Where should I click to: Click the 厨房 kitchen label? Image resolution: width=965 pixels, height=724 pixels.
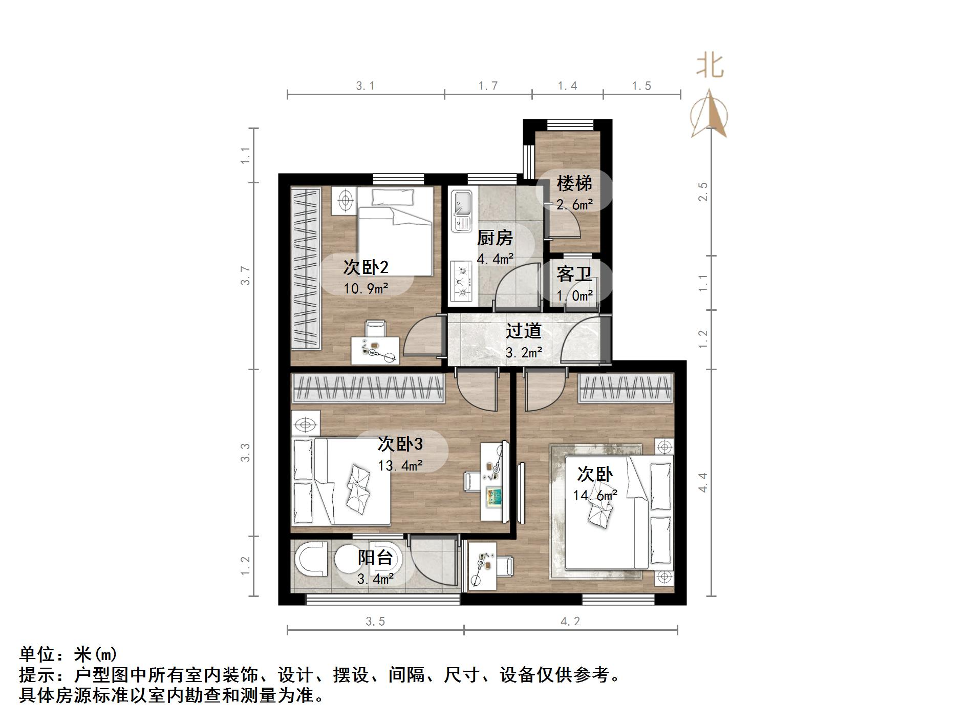coord(495,238)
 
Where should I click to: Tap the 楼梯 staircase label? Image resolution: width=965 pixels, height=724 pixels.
coord(574,183)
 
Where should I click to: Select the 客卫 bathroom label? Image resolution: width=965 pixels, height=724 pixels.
coord(574,274)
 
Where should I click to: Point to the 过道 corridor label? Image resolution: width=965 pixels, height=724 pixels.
coord(523,331)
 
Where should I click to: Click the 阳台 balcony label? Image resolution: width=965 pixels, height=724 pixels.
coord(375,557)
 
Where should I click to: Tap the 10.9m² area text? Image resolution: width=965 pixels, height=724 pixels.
coord(366,289)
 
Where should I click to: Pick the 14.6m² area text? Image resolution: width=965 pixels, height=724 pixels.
coord(595,495)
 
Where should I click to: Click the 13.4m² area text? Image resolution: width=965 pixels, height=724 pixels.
coord(400,465)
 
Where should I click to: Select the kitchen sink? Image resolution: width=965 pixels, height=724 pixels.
coord(462,210)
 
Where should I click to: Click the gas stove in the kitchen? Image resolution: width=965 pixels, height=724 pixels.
coord(462,281)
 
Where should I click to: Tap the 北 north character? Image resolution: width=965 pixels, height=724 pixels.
coord(710,67)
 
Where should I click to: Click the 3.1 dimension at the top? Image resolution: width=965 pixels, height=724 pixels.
coord(366,86)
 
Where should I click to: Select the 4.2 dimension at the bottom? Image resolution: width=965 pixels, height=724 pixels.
coord(570,622)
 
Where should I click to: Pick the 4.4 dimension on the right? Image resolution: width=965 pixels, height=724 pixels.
coord(703,482)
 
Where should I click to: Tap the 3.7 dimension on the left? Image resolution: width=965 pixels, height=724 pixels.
coord(246,275)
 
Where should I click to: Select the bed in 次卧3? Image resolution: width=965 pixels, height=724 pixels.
coord(340,481)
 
